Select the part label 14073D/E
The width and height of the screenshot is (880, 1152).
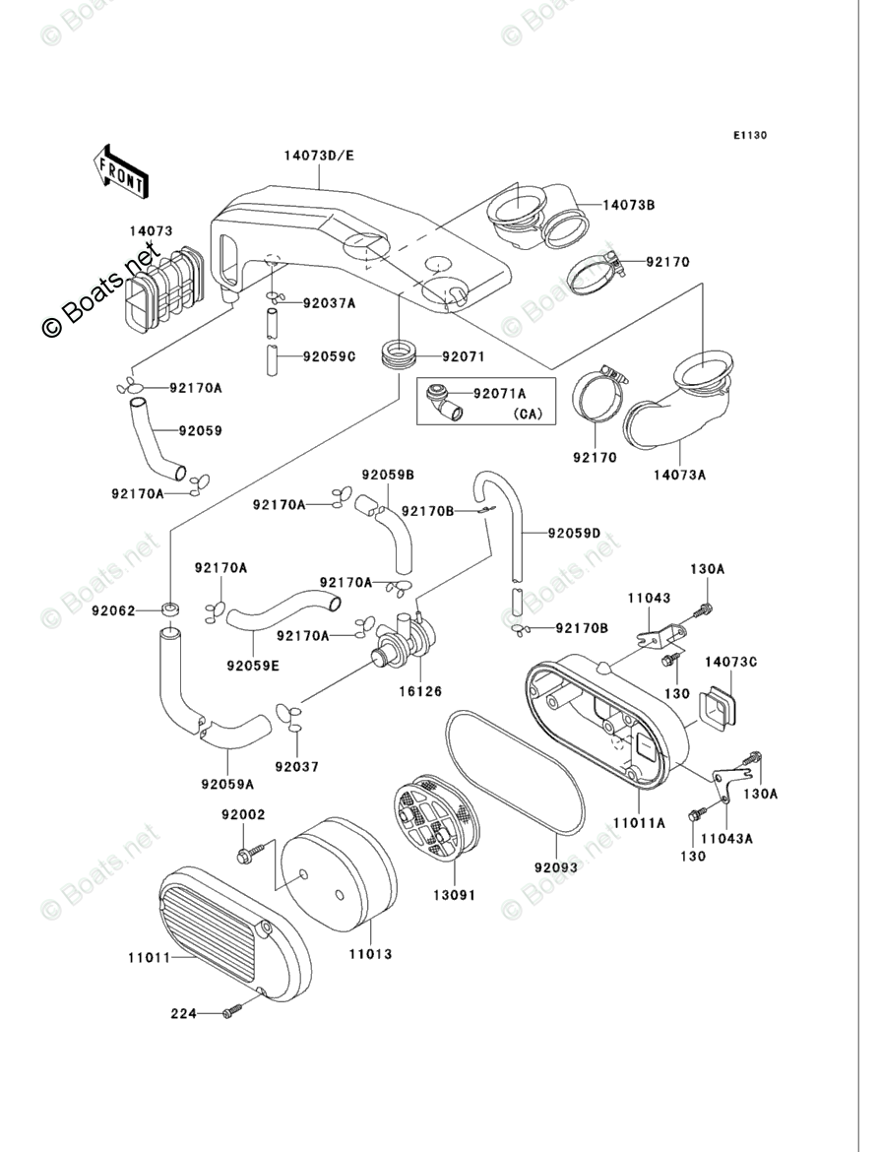point(319,155)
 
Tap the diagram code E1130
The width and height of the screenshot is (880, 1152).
point(749,135)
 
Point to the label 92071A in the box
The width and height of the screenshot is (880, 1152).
point(499,394)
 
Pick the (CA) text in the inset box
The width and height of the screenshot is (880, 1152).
point(527,414)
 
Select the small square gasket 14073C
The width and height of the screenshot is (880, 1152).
point(717,703)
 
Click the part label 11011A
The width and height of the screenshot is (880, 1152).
point(639,823)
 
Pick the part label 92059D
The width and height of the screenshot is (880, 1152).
point(574,534)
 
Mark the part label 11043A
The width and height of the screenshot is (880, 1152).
point(726,838)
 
